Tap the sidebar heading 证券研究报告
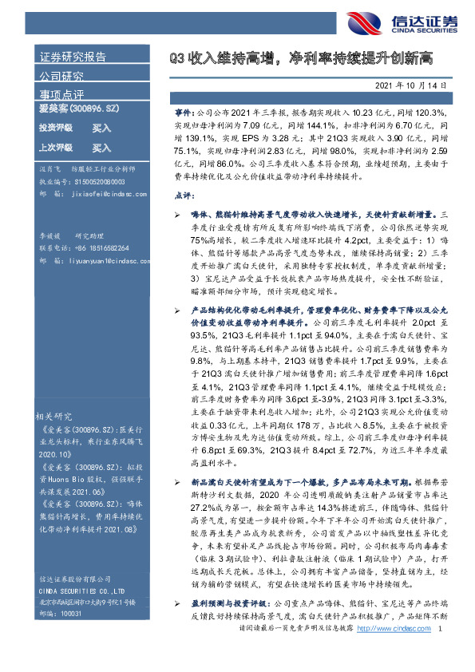click(73, 57)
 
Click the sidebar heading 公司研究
click(61, 77)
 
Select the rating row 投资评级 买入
click(75, 128)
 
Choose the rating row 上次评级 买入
click(75, 148)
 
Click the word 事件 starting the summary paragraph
click(183, 114)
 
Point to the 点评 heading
click(183, 195)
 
